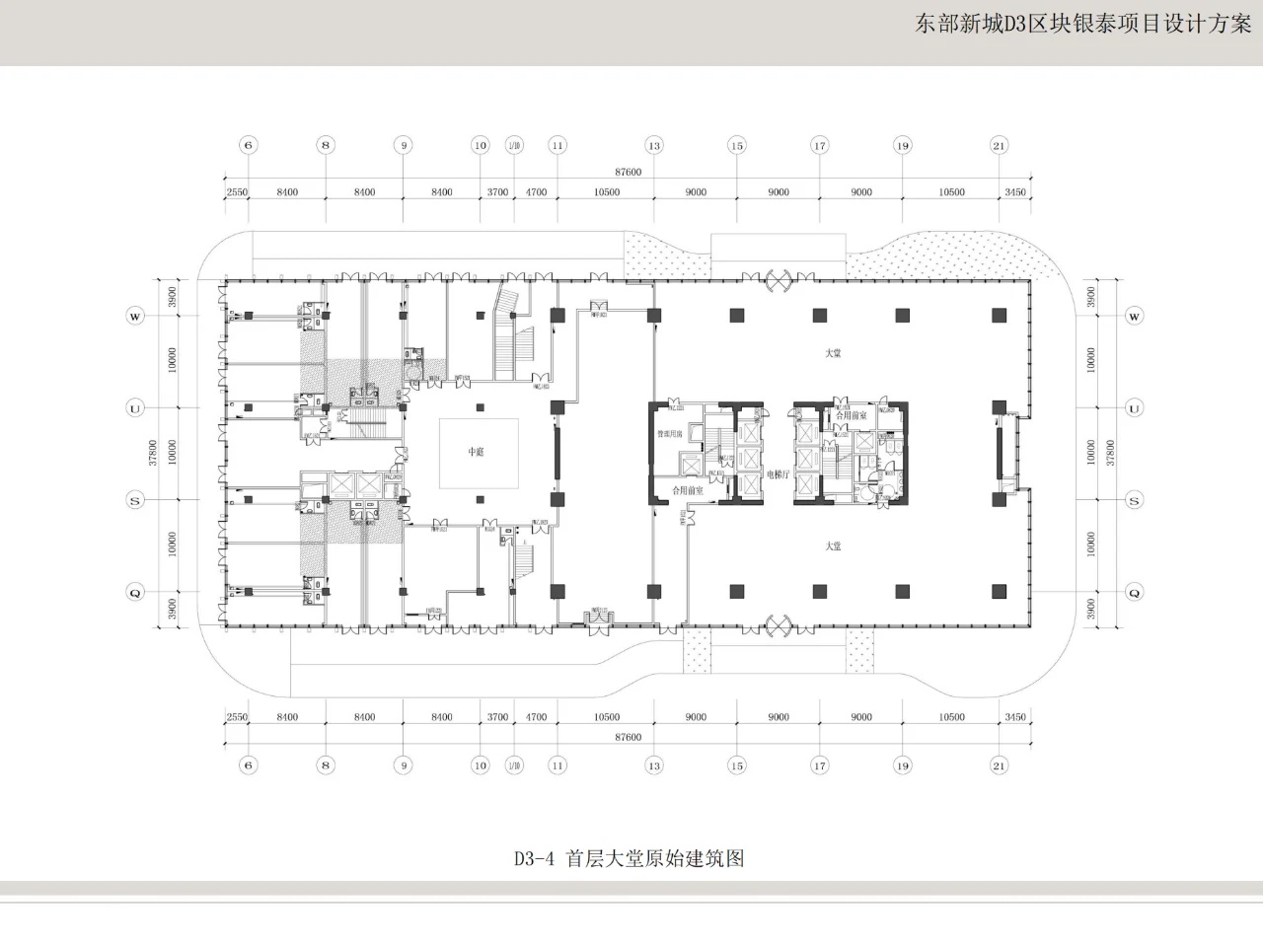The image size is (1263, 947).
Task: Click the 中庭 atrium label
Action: click(x=477, y=452)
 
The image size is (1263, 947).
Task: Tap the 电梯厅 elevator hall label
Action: click(x=779, y=474)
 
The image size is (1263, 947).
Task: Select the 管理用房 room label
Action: click(x=670, y=434)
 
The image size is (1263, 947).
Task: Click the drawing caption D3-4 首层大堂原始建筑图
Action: click(x=629, y=858)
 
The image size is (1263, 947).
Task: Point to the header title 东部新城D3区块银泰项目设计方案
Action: click(x=1082, y=25)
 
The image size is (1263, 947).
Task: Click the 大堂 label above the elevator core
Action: click(x=834, y=353)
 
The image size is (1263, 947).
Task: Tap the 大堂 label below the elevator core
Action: click(x=834, y=546)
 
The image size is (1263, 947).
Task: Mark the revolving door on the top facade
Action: click(x=779, y=280)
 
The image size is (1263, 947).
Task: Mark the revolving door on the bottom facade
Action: click(x=779, y=624)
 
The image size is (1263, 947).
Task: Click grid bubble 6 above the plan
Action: click(x=249, y=146)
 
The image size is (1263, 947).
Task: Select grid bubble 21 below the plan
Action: click(x=1000, y=765)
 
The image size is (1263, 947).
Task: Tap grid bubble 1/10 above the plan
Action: click(x=514, y=146)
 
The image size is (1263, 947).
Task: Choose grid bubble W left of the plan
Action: click(x=135, y=317)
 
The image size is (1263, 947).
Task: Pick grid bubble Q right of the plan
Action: click(x=1135, y=593)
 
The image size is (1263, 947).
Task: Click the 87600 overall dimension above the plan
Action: click(x=628, y=173)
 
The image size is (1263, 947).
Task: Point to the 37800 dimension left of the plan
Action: click(x=154, y=454)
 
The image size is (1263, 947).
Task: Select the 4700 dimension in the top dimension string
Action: click(x=536, y=192)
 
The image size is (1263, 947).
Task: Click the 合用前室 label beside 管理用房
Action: click(x=688, y=490)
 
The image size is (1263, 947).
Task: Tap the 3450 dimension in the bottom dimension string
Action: click(x=1014, y=717)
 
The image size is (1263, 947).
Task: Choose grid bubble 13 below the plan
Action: click(x=653, y=765)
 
